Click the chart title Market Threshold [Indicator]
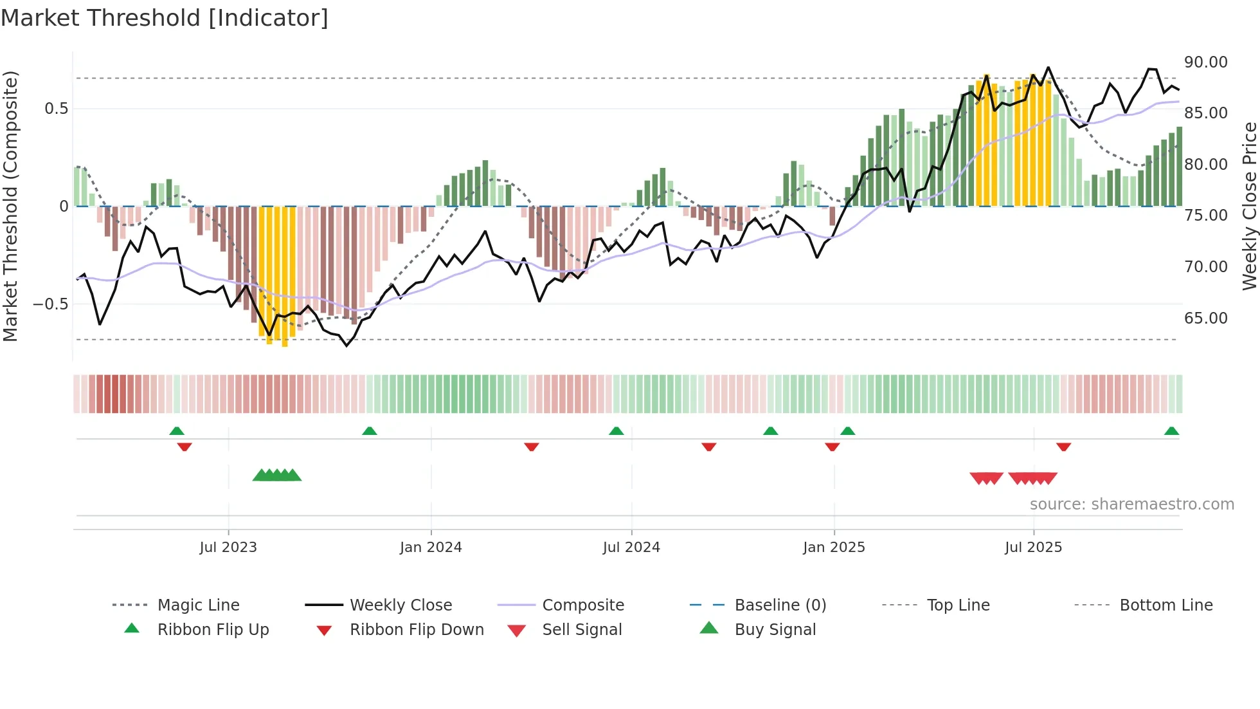165,18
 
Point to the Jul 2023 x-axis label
228,548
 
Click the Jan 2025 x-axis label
834,548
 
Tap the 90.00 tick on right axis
1205,62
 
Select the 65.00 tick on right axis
1205,318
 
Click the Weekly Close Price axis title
1249,206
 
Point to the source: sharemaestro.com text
1131,504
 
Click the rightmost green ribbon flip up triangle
1171,431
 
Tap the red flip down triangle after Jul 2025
1063,447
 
